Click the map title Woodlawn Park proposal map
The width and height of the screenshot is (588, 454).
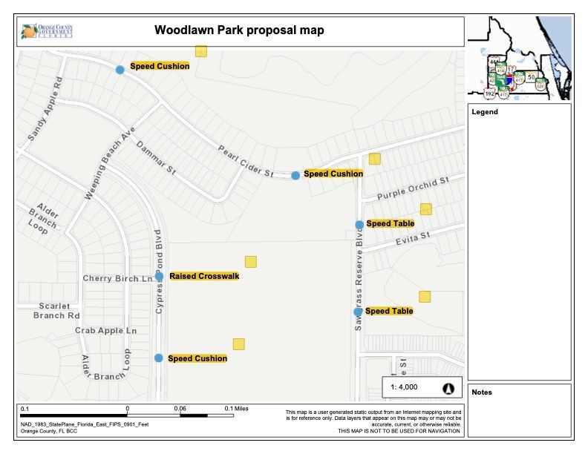coord(239,30)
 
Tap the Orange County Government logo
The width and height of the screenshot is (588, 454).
coord(47,31)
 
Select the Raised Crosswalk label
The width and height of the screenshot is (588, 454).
coord(204,276)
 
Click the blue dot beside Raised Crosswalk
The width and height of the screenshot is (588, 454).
coord(159,277)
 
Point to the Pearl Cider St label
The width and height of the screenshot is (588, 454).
coord(246,160)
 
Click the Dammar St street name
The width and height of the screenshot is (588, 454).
coord(155,157)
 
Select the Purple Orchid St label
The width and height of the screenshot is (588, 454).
coord(414,188)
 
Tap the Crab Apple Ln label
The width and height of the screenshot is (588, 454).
coord(106,330)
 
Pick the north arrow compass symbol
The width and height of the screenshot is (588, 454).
coord(448,386)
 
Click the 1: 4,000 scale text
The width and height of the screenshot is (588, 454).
coord(405,386)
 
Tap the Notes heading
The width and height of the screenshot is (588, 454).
coord(482,392)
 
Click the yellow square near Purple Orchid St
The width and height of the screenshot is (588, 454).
coord(426,209)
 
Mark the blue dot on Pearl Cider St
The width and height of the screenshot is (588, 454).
coord(295,175)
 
